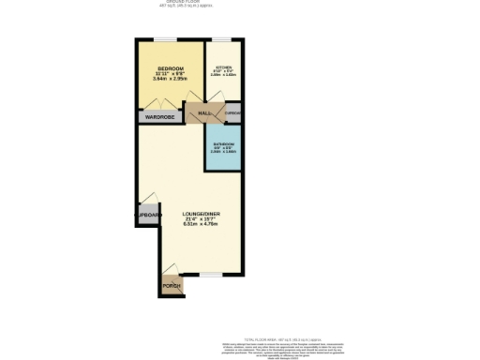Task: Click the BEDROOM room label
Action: pyautogui.click(x=170, y=69)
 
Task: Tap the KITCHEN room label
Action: pyautogui.click(x=223, y=68)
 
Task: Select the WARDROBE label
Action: pyautogui.click(x=161, y=118)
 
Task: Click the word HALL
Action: pyautogui.click(x=203, y=112)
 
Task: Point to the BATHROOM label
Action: pyautogui.click(x=222, y=143)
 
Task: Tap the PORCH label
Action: pyautogui.click(x=171, y=285)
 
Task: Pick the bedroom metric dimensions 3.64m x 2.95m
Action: pyautogui.click(x=170, y=82)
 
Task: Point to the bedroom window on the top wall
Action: pyautogui.click(x=167, y=39)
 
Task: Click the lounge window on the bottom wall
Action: pyautogui.click(x=211, y=275)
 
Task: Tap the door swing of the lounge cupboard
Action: pyautogui.click(x=147, y=199)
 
